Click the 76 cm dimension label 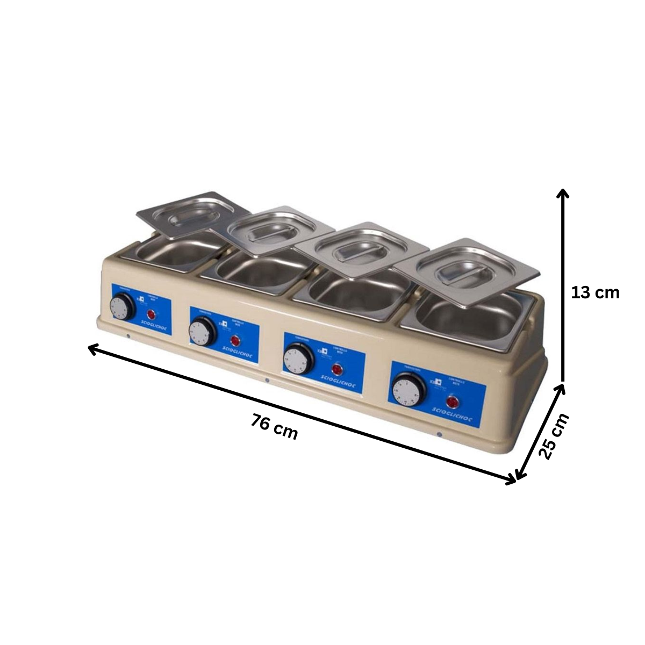(x=274, y=428)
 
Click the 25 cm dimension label (x=554, y=436)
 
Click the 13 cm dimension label (x=595, y=293)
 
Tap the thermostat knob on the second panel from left (x=202, y=331)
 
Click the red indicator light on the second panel (x=235, y=341)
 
